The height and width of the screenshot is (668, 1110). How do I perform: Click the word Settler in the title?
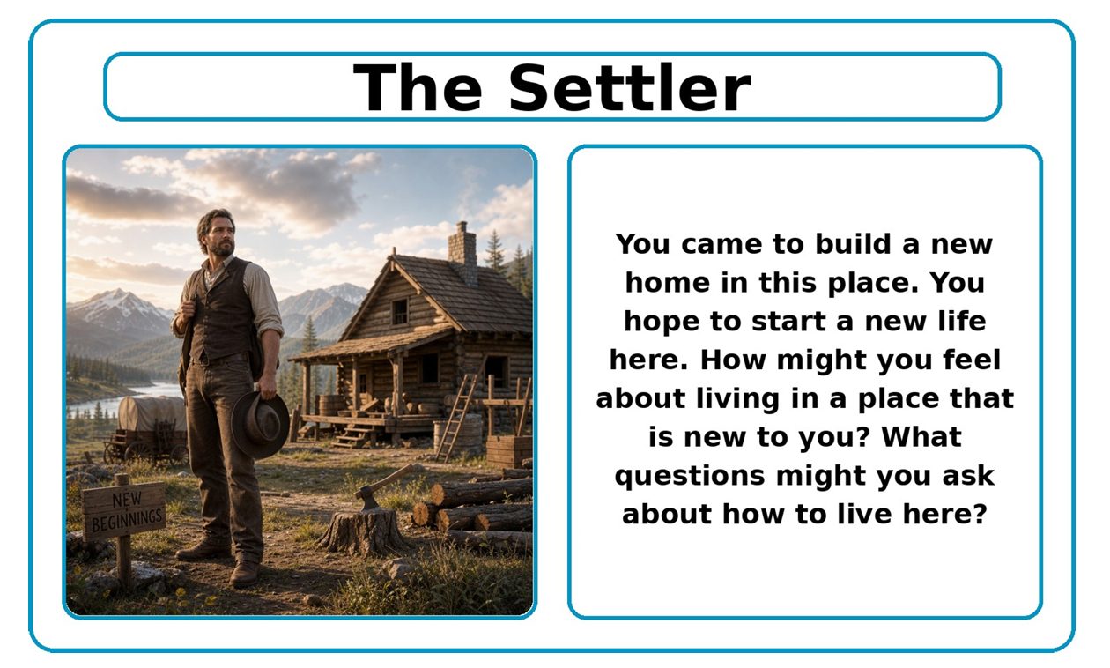coord(629,88)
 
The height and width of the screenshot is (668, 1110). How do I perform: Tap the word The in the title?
coord(418,87)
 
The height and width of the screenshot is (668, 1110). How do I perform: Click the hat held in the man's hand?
coord(260,424)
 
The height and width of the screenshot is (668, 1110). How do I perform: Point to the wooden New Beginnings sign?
coord(124,510)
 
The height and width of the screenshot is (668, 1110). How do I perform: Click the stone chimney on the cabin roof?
coord(462,253)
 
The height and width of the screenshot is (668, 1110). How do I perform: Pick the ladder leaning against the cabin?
coord(458,415)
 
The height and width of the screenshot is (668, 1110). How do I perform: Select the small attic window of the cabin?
coord(399,312)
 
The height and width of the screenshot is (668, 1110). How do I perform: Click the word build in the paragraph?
coord(854,244)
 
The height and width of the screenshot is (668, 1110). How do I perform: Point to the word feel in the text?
coord(972,360)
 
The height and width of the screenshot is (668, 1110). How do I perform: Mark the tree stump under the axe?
coord(364,531)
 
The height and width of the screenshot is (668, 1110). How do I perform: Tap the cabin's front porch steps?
coord(352,436)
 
